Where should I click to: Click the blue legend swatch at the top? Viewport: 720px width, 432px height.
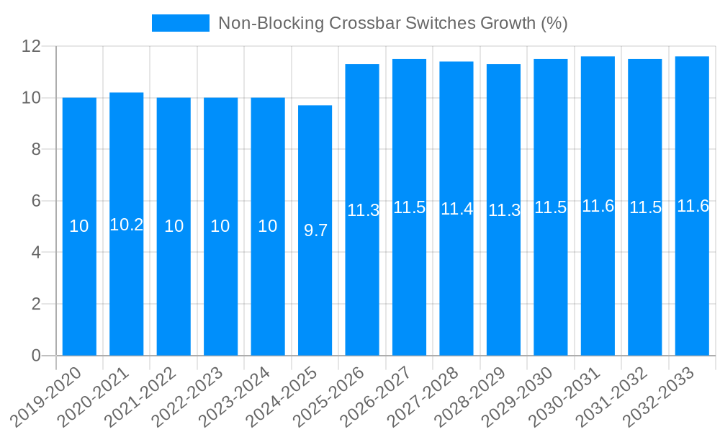pos(180,23)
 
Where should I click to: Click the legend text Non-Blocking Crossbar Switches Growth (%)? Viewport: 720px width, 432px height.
pos(393,23)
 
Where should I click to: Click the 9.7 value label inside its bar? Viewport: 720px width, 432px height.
pos(315,230)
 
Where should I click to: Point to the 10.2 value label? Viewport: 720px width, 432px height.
pos(127,225)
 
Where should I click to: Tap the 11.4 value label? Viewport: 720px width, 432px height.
pos(456,210)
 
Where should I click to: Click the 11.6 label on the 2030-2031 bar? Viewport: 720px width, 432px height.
pos(598,206)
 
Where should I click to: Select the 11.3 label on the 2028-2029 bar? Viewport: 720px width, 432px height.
pos(504,211)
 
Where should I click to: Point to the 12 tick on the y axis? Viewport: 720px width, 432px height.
pos(32,46)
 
